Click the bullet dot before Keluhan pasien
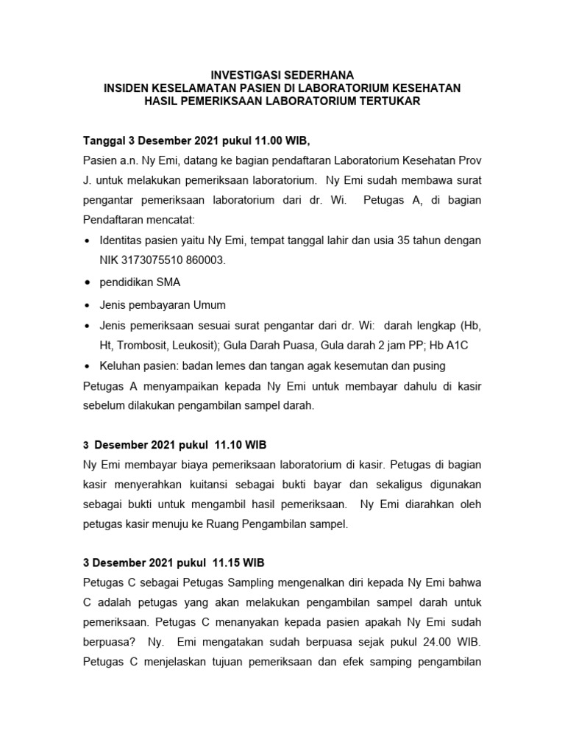tap(88, 366)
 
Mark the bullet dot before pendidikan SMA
tap(88, 283)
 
